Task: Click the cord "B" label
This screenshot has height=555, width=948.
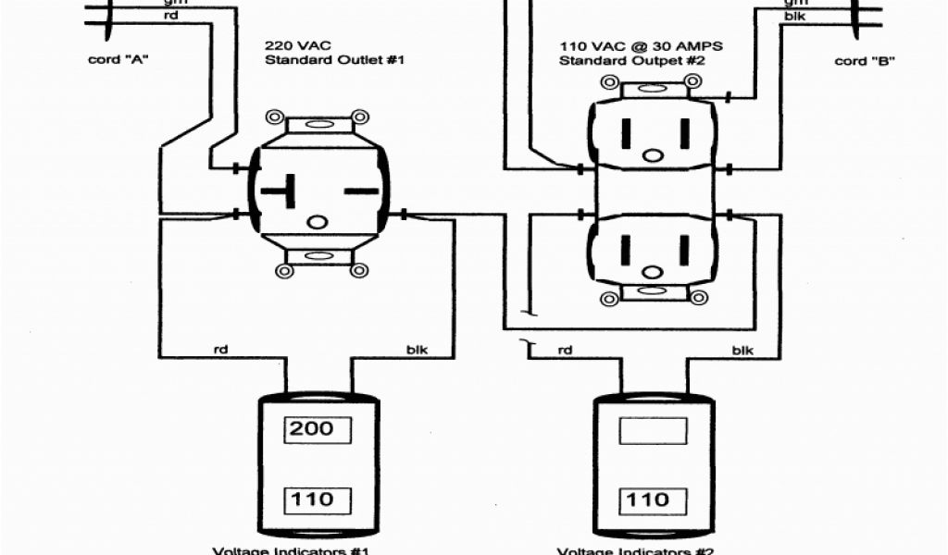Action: tap(863, 61)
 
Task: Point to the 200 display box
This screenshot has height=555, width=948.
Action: tap(318, 429)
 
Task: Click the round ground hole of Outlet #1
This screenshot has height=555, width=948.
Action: tap(318, 222)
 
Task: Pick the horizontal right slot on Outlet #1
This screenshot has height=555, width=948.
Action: tap(362, 191)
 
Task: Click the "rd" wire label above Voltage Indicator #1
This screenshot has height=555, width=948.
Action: tap(222, 350)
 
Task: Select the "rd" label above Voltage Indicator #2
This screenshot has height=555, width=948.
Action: tap(565, 350)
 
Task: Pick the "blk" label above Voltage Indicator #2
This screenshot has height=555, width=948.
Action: tap(742, 350)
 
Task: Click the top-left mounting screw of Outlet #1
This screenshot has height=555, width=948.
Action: tap(274, 118)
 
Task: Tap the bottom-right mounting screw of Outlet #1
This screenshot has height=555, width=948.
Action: tap(359, 270)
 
